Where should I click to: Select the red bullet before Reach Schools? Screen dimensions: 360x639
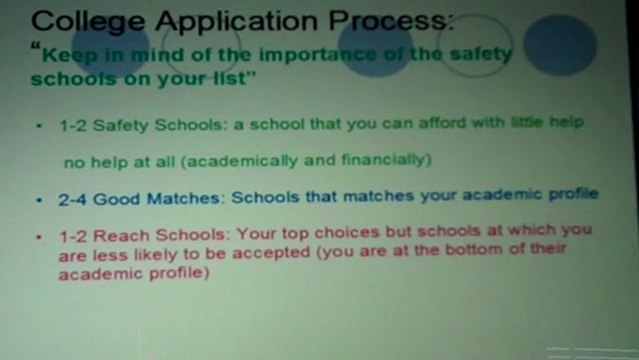[39, 236]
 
